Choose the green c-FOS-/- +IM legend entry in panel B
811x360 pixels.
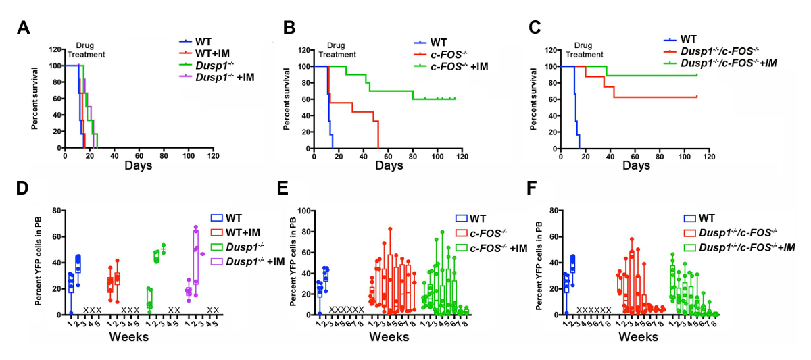pos(456,66)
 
